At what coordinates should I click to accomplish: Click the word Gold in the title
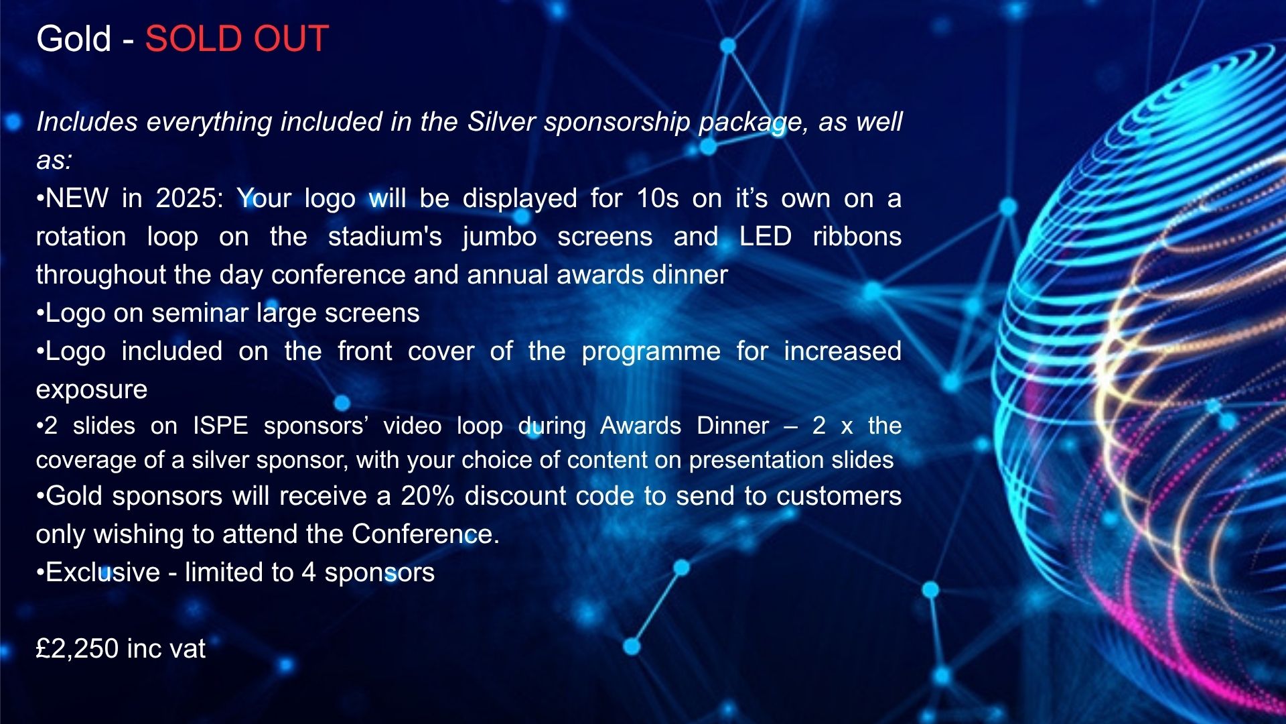[74, 39]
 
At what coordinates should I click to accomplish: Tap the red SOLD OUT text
[237, 39]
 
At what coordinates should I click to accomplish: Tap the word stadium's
[385, 237]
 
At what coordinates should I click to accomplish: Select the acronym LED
[766, 237]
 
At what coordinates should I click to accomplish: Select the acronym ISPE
[220, 426]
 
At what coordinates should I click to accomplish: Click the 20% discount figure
[427, 496]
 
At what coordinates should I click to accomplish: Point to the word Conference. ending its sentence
[426, 534]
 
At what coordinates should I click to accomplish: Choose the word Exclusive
[103, 572]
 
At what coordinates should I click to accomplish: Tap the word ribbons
[857, 237]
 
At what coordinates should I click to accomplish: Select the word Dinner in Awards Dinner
[733, 426]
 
